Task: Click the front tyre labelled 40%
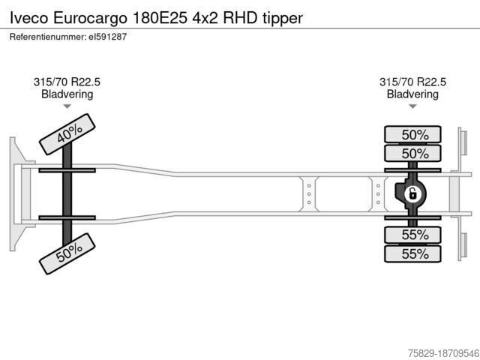67,134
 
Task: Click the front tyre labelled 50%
67,253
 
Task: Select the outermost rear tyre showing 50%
412,134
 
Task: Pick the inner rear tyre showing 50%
412,153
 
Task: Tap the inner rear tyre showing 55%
412,235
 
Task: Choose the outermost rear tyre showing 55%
412,253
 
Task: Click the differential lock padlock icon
412,194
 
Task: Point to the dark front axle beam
67,194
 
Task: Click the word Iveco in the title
29,18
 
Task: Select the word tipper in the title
283,18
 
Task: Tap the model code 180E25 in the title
160,18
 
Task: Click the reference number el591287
107,37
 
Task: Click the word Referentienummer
47,37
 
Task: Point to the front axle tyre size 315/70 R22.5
67,82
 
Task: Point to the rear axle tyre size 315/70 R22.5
412,82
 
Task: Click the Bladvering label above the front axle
67,94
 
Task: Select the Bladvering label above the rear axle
412,94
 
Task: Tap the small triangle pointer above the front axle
67,106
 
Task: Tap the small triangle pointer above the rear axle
412,106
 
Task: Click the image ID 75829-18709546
443,353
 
